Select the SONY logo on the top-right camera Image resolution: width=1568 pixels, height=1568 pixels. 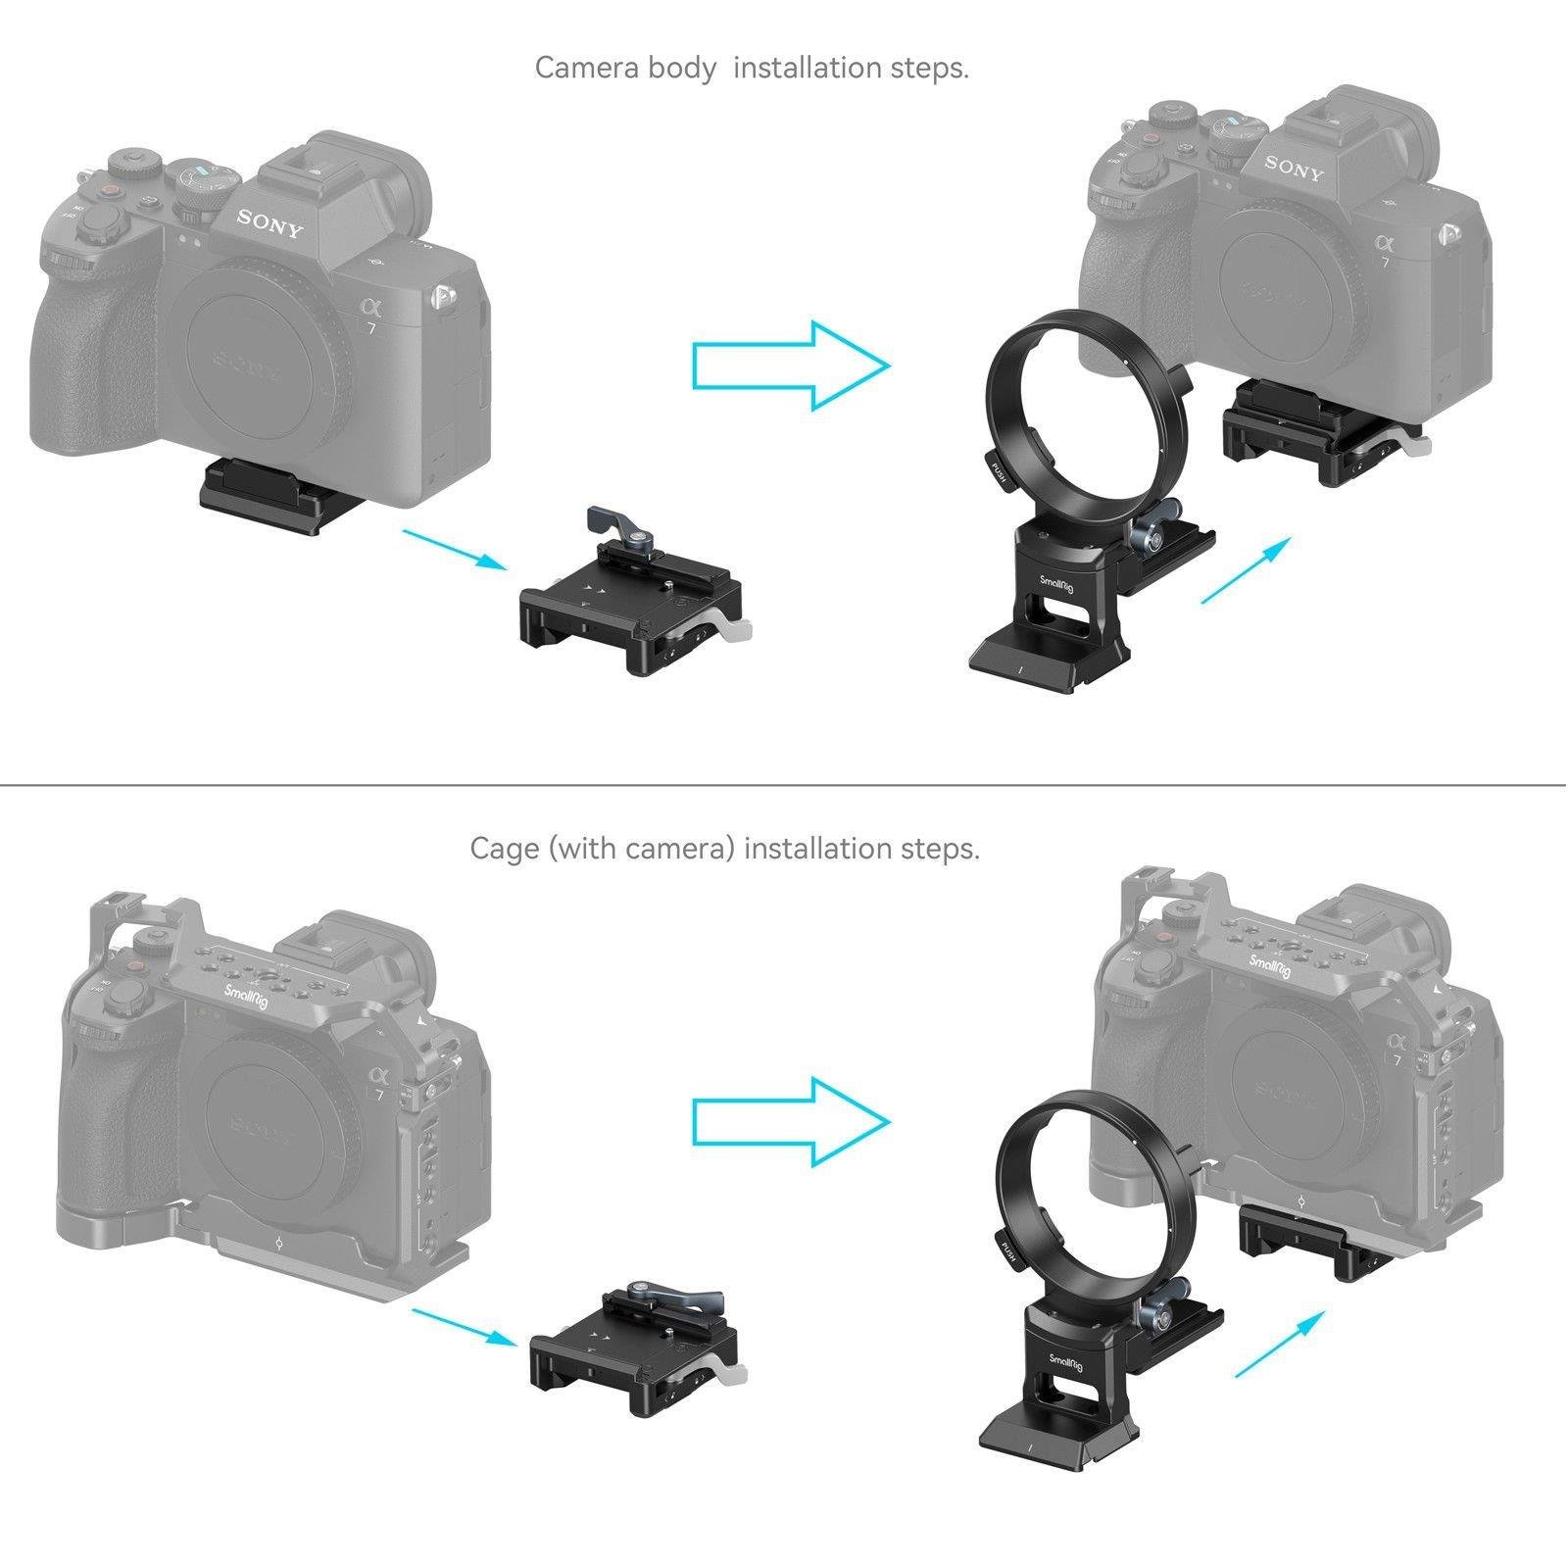click(x=1294, y=168)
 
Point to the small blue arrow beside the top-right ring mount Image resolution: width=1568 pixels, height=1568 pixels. click(x=1245, y=569)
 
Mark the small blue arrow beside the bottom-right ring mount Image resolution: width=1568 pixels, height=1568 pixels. click(x=1272, y=1346)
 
